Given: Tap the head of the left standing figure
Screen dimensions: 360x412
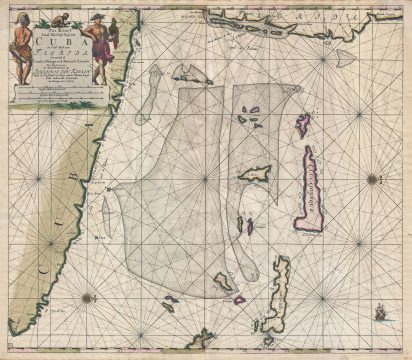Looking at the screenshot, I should (x=20, y=17).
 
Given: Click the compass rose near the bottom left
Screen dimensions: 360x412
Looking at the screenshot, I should (x=89, y=296).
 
